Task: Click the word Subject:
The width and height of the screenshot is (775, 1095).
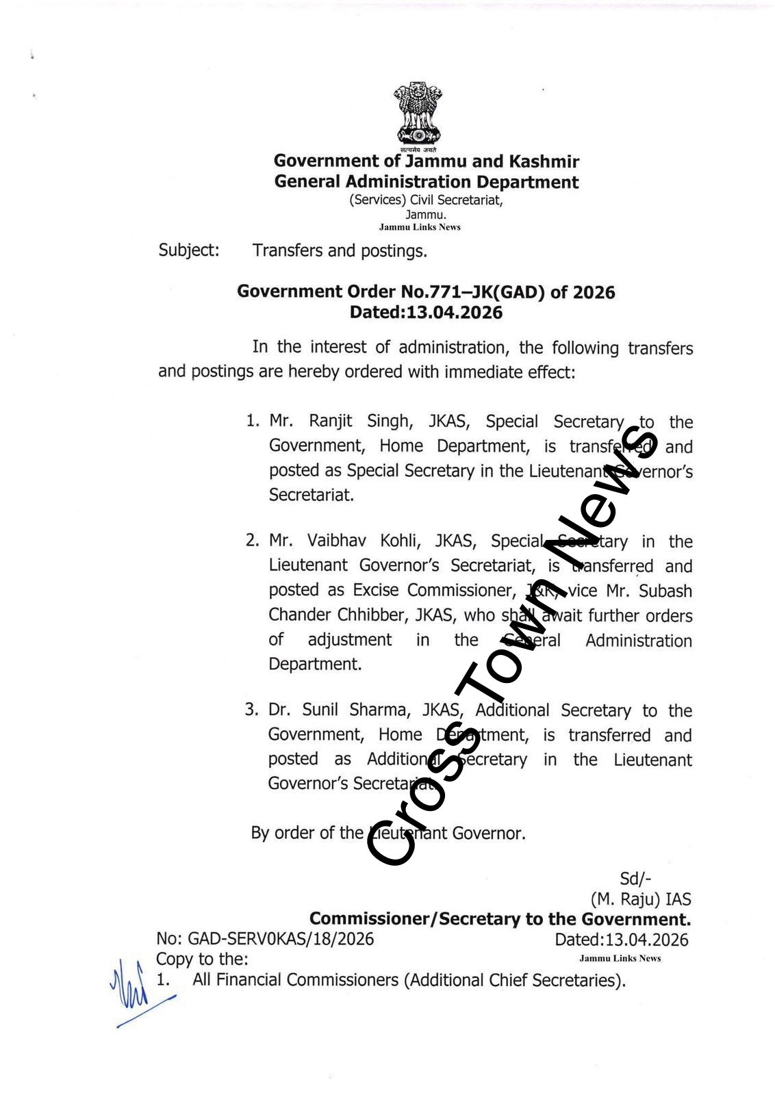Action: (189, 250)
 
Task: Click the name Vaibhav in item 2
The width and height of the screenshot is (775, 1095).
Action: (336, 541)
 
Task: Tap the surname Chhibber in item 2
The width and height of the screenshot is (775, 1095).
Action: (374, 615)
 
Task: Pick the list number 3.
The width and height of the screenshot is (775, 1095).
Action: (251, 710)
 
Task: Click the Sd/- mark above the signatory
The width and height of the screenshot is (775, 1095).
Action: (635, 879)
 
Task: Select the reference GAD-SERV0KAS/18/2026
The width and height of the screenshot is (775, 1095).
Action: (281, 938)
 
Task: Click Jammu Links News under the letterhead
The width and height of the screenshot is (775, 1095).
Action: (420, 227)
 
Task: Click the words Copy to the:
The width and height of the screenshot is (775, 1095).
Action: (202, 959)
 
